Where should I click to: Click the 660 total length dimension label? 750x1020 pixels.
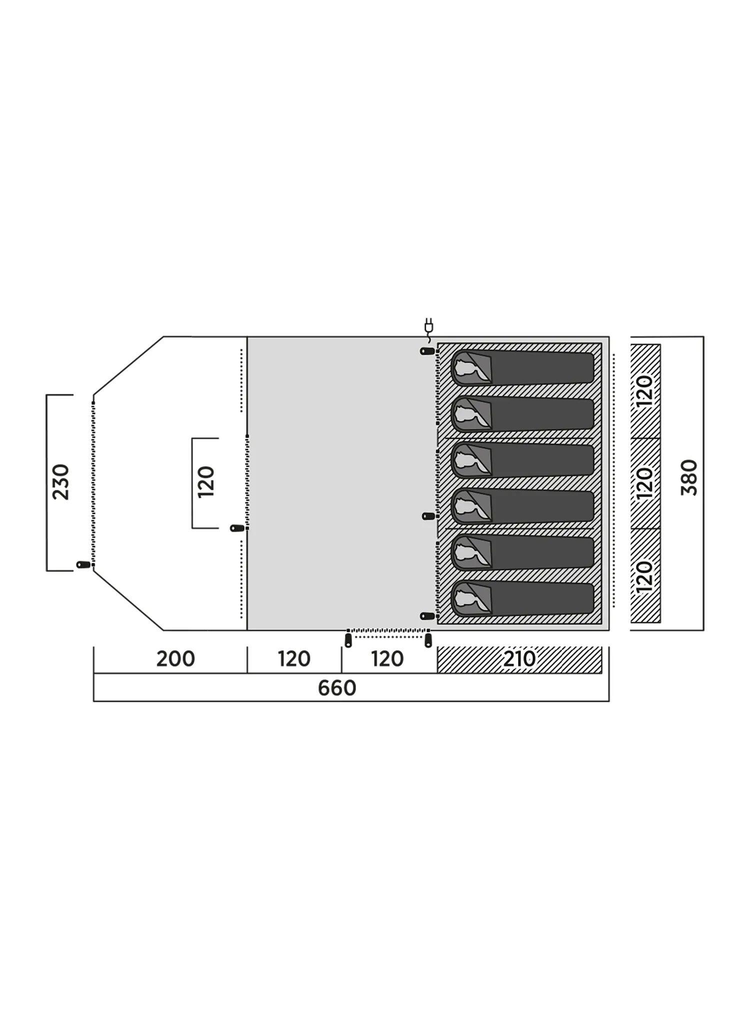click(x=336, y=688)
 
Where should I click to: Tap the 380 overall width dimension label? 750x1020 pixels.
click(x=689, y=477)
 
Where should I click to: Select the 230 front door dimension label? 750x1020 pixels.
click(x=61, y=482)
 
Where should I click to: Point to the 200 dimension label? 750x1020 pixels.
click(x=175, y=659)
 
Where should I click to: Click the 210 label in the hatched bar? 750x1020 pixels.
click(x=519, y=659)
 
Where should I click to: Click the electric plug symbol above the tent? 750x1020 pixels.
click(x=428, y=326)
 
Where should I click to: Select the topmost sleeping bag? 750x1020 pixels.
click(x=522, y=368)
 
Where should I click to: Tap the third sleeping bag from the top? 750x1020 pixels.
click(x=522, y=460)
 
